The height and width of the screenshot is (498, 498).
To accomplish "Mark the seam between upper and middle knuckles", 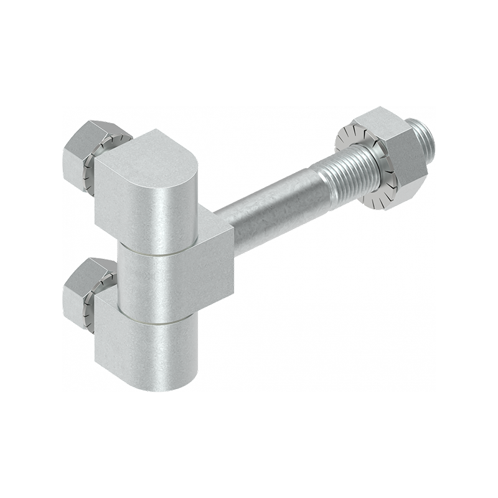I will click(162, 253).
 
